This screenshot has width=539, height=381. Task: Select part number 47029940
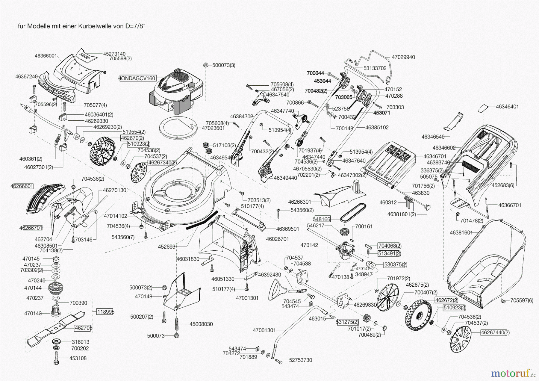coord(403,57)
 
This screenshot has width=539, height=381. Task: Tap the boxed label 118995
coord(105,312)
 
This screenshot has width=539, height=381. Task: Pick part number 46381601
coord(461,232)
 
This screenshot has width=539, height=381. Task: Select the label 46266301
coord(299,202)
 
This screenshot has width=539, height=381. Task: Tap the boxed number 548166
coord(322,219)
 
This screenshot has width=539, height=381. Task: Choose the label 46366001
coord(46,56)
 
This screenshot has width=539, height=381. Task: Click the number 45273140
coord(114,54)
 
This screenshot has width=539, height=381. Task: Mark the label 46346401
coord(507,107)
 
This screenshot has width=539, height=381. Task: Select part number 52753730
coord(300,360)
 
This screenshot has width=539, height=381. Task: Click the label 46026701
coord(277,239)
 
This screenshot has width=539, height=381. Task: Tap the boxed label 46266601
coord(22,186)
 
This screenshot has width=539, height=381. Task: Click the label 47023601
coord(213,128)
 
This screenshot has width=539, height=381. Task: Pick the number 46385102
coord(377,128)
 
